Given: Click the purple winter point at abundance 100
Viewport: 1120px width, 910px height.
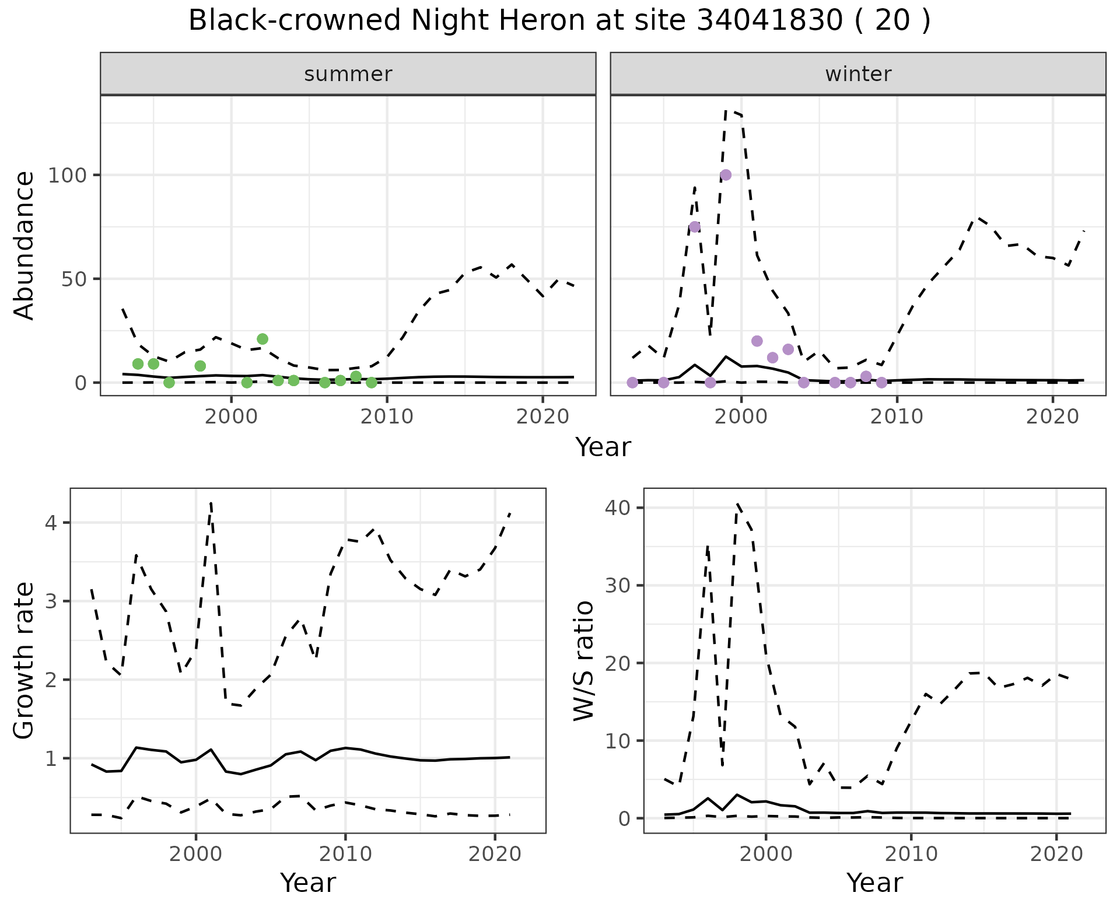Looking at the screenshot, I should (x=726, y=175).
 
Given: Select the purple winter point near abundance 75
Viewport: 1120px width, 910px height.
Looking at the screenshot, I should (x=695, y=227).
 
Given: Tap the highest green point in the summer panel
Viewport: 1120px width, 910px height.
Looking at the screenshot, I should (x=262, y=339).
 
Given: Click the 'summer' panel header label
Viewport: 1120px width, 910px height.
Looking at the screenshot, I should (x=348, y=74).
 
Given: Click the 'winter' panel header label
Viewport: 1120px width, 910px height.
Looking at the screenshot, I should (x=858, y=74).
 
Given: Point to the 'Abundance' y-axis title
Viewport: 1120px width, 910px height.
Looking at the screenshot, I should (x=24, y=246).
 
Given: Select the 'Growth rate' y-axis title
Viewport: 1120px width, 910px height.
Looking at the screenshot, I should (x=24, y=661).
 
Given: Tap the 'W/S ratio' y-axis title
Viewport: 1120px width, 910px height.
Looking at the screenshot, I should (x=583, y=661).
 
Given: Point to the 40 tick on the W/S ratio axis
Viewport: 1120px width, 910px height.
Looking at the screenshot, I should (x=618, y=508).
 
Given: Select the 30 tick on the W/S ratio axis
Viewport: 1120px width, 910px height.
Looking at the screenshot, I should (x=618, y=585).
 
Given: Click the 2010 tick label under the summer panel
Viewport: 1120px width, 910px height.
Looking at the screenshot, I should (x=387, y=417).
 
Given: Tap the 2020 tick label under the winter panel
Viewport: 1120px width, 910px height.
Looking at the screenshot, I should (x=1052, y=417).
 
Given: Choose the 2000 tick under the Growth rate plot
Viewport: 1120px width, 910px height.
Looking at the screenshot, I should (x=195, y=855).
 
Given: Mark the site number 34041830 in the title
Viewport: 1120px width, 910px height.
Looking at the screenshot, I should (x=769, y=21).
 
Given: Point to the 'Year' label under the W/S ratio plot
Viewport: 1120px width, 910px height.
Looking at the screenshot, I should (x=874, y=883).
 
